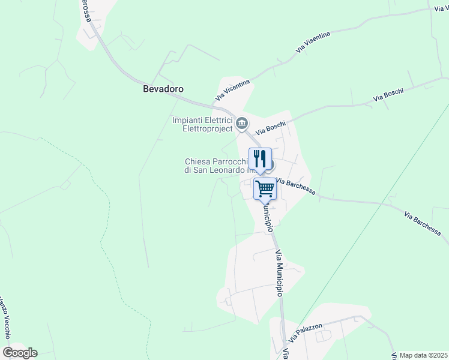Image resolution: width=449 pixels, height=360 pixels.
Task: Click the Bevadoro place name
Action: pyautogui.click(x=163, y=89)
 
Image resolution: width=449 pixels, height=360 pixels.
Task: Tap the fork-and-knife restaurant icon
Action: pyautogui.click(x=260, y=159)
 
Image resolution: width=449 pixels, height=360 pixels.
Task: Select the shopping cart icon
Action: pyautogui.click(x=265, y=189)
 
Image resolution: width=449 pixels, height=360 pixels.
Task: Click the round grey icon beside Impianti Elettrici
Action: pyautogui.click(x=241, y=124)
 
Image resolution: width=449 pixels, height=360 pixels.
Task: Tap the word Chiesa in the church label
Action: pyautogui.click(x=197, y=161)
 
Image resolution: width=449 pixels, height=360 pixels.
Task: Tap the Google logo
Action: pyautogui.click(x=20, y=353)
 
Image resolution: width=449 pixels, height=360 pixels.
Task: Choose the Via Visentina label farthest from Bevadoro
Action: pyautogui.click(x=313, y=43)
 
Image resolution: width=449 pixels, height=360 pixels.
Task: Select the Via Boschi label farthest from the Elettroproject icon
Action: pyautogui.click(x=388, y=95)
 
